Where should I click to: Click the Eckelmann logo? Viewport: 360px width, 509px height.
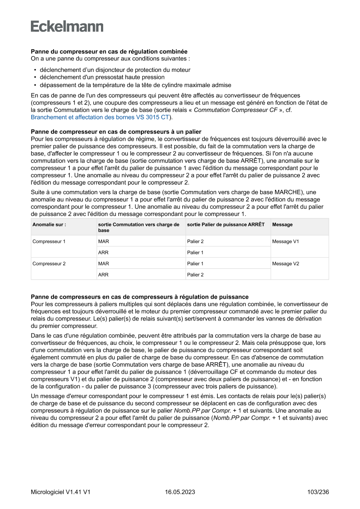67,27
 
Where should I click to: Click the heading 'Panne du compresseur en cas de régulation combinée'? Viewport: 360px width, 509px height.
109,51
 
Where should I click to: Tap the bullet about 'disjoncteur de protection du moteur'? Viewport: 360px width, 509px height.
115,70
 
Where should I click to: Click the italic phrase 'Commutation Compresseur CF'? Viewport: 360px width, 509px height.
235,110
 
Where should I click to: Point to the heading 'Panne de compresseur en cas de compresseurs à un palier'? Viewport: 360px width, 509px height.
116,132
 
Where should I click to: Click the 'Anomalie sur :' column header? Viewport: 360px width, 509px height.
49,225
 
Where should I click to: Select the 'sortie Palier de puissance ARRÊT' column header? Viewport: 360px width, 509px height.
225,225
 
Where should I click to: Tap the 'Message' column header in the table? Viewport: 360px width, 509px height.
282,225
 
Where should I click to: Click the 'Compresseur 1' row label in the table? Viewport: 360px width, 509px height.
49,241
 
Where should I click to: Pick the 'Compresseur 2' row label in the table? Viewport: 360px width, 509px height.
49,263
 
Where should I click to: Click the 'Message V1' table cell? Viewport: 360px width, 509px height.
285,241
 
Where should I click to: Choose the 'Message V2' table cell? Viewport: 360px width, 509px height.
285,263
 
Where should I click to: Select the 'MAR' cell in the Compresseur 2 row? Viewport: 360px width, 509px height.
104,263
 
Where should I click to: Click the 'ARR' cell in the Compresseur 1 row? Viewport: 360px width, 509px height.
103,253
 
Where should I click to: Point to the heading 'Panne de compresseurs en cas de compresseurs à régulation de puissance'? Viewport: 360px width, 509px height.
139,297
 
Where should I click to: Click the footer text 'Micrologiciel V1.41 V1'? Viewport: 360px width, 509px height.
61,492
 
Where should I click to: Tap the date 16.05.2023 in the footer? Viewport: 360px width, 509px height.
180,492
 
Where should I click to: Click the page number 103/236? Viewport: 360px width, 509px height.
318,492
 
